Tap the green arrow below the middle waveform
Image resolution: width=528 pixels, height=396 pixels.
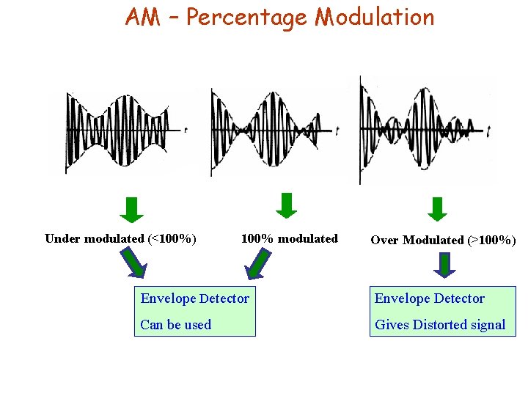click(287, 205)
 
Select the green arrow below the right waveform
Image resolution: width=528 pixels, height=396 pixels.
click(437, 209)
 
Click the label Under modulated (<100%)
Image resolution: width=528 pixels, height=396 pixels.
click(120, 238)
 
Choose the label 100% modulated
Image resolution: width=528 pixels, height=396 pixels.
click(289, 238)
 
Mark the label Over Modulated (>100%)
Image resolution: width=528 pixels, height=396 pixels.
click(443, 240)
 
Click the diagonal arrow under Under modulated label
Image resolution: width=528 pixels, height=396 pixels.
click(133, 263)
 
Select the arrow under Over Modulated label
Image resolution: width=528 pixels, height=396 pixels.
click(444, 264)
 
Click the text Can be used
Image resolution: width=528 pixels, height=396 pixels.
click(175, 324)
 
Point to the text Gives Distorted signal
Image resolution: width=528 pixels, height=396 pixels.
click(440, 324)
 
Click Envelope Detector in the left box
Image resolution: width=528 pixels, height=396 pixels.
click(194, 298)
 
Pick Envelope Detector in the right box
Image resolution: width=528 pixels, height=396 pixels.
click(429, 298)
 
